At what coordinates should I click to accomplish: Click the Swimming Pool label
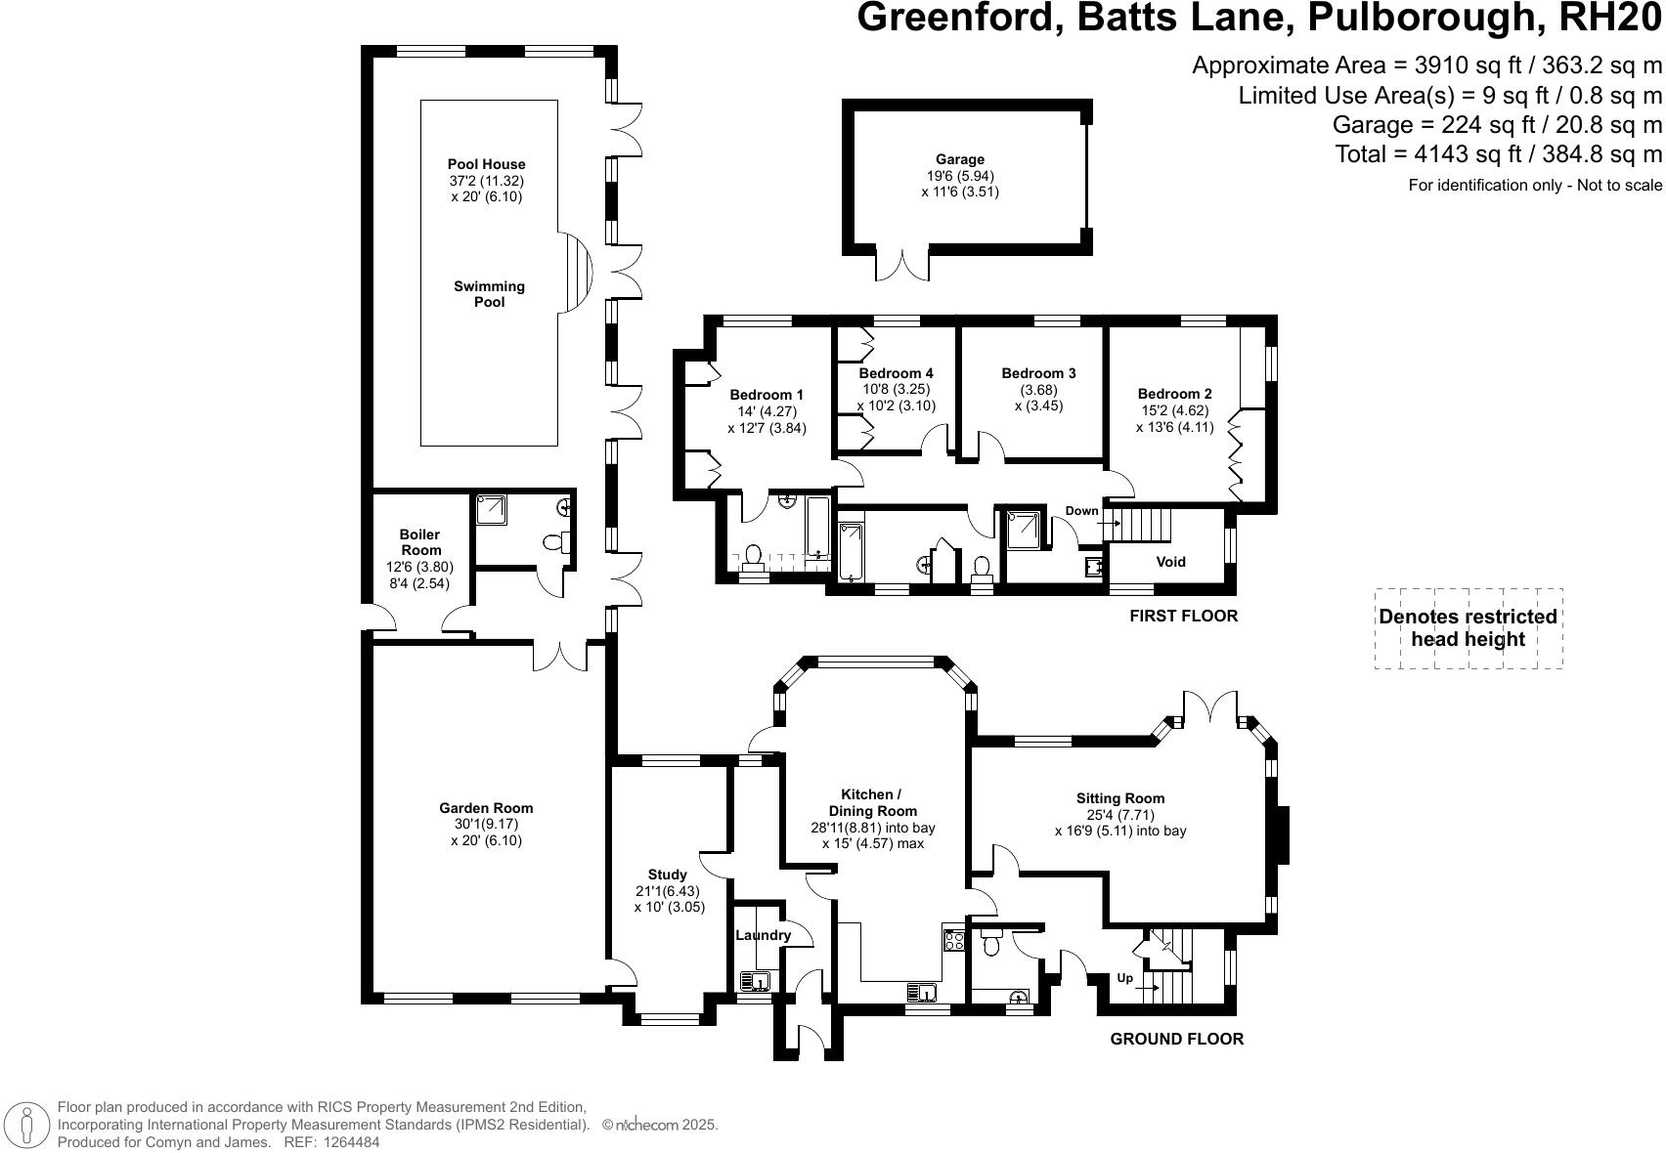tap(489, 294)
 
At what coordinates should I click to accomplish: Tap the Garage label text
tap(959, 159)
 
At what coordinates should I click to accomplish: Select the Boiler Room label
tap(419, 542)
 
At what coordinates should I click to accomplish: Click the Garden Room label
tap(486, 808)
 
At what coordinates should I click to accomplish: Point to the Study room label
tap(668, 875)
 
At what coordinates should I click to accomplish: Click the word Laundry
tap(763, 935)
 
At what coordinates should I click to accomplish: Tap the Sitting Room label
tap(1119, 798)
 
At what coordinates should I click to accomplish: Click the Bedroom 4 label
tap(896, 373)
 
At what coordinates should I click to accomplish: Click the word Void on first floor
tap(1170, 562)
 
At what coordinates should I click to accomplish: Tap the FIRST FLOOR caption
tap(1183, 616)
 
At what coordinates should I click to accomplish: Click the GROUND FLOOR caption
tap(1176, 1039)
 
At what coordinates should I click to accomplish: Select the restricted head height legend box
tap(1468, 628)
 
